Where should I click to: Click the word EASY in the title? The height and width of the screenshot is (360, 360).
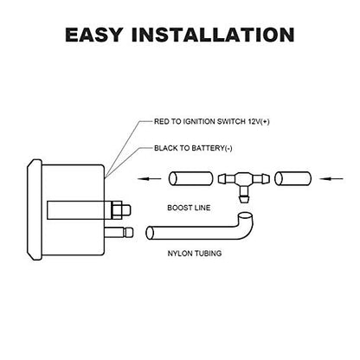point(94,35)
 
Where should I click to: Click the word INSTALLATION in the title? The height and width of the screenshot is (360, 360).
point(213,35)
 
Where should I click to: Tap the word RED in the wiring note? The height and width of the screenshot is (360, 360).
point(160,121)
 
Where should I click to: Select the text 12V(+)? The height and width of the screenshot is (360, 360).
point(259,121)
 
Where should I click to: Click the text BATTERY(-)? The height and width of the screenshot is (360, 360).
point(212,148)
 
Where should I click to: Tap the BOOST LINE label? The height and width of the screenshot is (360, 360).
point(189,208)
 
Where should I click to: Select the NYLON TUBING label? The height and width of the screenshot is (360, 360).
point(195,254)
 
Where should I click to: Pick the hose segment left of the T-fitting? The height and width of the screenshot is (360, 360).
point(190,178)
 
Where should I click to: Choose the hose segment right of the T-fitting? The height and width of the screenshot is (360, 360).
point(292,178)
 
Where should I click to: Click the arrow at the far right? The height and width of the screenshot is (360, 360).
point(331,178)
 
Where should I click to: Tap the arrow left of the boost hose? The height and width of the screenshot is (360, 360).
point(150,178)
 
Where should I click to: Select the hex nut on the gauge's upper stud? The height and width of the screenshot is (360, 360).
point(117,210)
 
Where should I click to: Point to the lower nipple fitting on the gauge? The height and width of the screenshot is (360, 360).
point(119,233)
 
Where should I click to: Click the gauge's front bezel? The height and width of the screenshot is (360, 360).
point(35,210)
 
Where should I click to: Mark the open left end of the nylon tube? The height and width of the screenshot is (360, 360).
point(150,233)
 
